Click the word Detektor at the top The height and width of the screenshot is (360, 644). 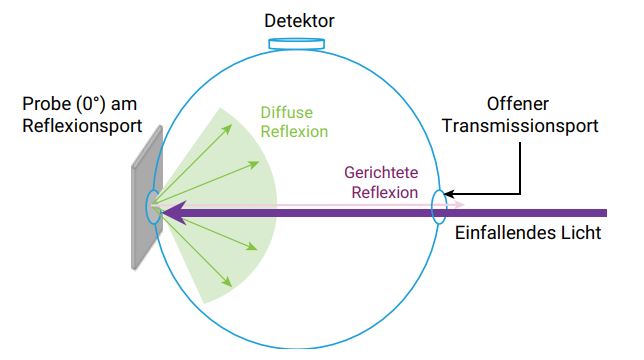(x=299, y=21)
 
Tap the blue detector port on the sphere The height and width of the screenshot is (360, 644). (x=297, y=44)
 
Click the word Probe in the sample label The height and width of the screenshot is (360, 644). (x=47, y=104)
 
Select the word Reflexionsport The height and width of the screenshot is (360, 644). (x=82, y=126)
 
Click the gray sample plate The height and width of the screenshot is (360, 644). (x=147, y=198)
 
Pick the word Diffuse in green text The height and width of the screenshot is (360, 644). (x=287, y=112)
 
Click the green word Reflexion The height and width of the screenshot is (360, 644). (x=294, y=132)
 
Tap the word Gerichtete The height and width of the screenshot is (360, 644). (x=381, y=172)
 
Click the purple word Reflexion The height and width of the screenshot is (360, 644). (x=385, y=192)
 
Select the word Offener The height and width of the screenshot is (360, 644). (x=518, y=104)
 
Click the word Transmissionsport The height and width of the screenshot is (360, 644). (x=520, y=126)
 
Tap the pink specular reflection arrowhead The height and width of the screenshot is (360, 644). (x=463, y=204)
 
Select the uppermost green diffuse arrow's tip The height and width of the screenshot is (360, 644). (x=231, y=126)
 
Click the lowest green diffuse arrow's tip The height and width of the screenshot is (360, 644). (x=231, y=286)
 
